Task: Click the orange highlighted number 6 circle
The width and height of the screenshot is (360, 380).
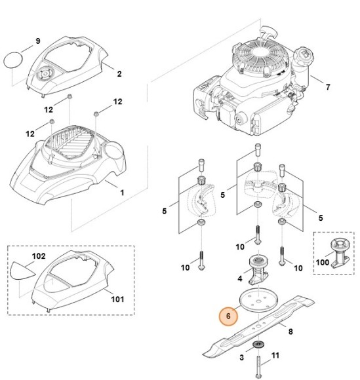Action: pyautogui.click(x=228, y=316)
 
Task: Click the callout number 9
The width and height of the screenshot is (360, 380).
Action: pyautogui.click(x=38, y=41)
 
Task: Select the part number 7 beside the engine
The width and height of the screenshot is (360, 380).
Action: pyautogui.click(x=328, y=87)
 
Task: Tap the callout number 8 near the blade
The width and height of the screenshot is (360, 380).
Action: pyautogui.click(x=290, y=332)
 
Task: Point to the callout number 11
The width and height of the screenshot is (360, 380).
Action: pyautogui.click(x=275, y=356)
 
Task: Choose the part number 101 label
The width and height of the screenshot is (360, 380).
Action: pyautogui.click(x=117, y=299)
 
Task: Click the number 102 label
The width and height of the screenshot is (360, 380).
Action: pyautogui.click(x=39, y=256)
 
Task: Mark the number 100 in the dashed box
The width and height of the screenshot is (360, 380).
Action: pyautogui.click(x=323, y=262)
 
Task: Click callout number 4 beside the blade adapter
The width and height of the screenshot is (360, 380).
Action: pyautogui.click(x=240, y=278)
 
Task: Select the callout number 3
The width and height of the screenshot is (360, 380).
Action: pyautogui.click(x=241, y=358)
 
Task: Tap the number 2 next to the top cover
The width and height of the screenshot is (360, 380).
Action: pyautogui.click(x=119, y=73)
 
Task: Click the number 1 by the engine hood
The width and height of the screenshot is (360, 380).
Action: pyautogui.click(x=122, y=193)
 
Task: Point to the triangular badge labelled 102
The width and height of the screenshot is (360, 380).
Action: pyautogui.click(x=22, y=271)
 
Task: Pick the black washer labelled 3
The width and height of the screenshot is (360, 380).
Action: pyautogui.click(x=258, y=345)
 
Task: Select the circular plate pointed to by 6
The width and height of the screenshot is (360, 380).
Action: pyautogui.click(x=258, y=299)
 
